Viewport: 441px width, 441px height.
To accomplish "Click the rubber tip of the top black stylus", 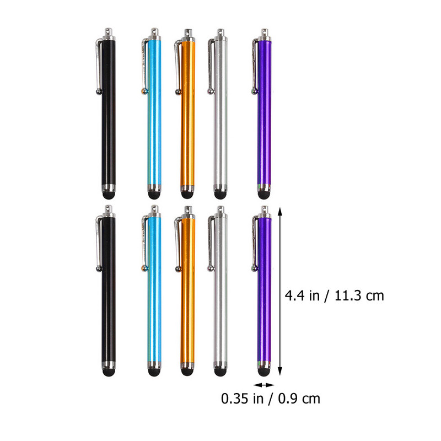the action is [x=109, y=195].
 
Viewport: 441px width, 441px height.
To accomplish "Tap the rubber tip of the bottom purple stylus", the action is [x=264, y=372].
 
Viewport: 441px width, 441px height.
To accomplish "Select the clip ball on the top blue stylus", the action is [x=144, y=91].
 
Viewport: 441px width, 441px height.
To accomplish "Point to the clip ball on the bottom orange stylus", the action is [x=178, y=269].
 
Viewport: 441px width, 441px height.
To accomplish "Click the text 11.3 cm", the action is [x=359, y=296].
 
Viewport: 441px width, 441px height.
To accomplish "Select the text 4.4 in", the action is [x=302, y=296].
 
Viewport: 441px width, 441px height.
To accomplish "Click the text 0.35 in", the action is [x=242, y=399].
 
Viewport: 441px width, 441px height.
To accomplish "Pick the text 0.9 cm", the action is [x=299, y=399].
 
